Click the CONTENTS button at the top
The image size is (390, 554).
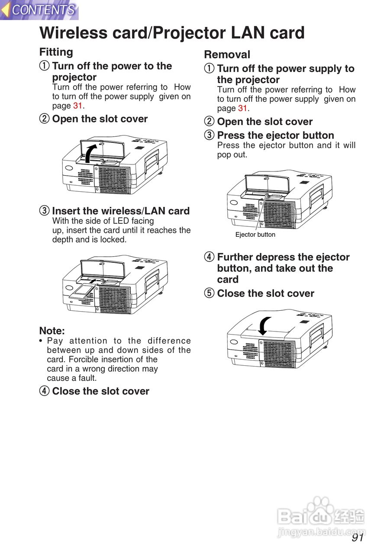tap(39, 10)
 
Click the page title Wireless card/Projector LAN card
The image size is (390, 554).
tap(172, 33)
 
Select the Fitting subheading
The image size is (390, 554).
tap(56, 52)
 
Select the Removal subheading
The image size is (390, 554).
tap(227, 55)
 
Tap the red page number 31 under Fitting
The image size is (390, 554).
tap(77, 106)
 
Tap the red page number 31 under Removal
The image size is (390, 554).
tap(242, 108)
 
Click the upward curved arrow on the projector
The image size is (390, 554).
tap(90, 153)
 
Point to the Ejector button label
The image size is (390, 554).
tap(255, 235)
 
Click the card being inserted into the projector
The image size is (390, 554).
tap(83, 292)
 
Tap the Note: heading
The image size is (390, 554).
tap(52, 331)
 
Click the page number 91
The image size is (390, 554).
tap(358, 538)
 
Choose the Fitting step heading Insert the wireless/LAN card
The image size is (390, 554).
tap(121, 211)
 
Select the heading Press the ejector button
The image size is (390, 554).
tap(275, 135)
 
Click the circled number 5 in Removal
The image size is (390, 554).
tap(209, 293)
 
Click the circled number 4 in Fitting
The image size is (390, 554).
tap(44, 391)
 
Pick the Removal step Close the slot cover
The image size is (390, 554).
tap(266, 293)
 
